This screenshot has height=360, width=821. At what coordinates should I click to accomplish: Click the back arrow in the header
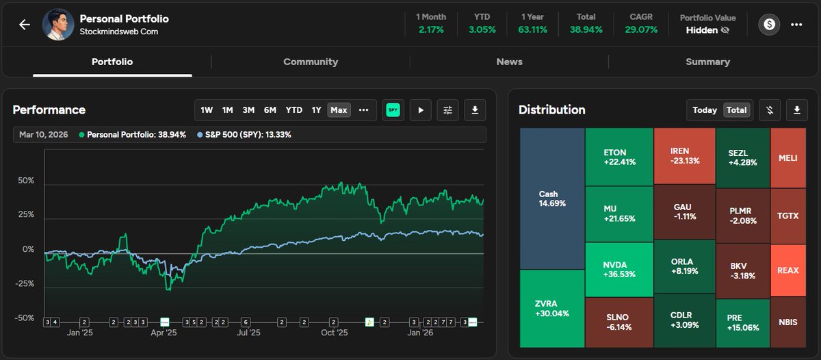pyautogui.click(x=25, y=25)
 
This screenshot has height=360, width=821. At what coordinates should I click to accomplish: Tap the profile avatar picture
pyautogui.click(x=58, y=25)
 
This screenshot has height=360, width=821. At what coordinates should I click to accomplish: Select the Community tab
pyautogui.click(x=311, y=62)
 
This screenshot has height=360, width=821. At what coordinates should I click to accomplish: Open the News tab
pyautogui.click(x=509, y=62)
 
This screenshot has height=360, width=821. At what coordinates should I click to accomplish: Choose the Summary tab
pyautogui.click(x=707, y=62)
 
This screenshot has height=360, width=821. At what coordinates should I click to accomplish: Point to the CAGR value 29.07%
pyautogui.click(x=641, y=30)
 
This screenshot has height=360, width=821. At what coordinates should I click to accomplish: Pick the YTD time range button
pyautogui.click(x=294, y=110)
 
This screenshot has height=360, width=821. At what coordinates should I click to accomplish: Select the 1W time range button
pyautogui.click(x=207, y=110)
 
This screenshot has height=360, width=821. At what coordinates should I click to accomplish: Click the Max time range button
pyautogui.click(x=339, y=110)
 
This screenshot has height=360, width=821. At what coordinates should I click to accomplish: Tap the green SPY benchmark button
pyautogui.click(x=393, y=110)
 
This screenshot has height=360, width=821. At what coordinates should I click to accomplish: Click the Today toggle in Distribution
pyautogui.click(x=705, y=110)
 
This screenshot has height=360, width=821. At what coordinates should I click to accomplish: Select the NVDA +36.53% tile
pyautogui.click(x=618, y=268)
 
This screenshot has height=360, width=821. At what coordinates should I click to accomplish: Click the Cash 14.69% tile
pyautogui.click(x=552, y=198)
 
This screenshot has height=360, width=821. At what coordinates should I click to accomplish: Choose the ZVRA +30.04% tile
pyautogui.click(x=552, y=308)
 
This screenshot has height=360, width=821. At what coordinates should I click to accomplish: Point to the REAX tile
pyautogui.click(x=788, y=270)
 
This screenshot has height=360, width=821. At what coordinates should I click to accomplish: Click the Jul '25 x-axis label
pyautogui.click(x=248, y=333)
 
